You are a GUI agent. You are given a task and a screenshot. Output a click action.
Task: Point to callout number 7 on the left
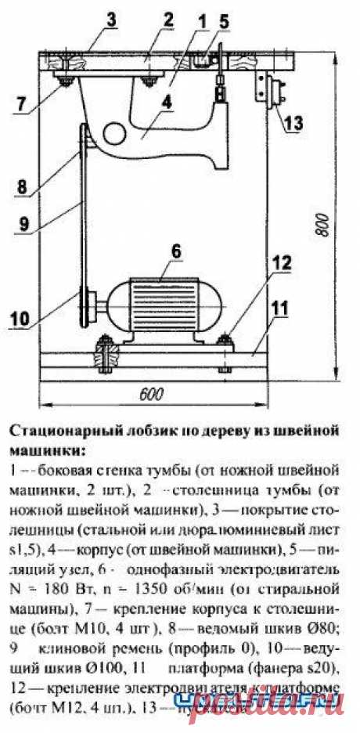coord(21,102)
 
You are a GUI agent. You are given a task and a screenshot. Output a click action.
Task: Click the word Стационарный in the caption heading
coord(55,431)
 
